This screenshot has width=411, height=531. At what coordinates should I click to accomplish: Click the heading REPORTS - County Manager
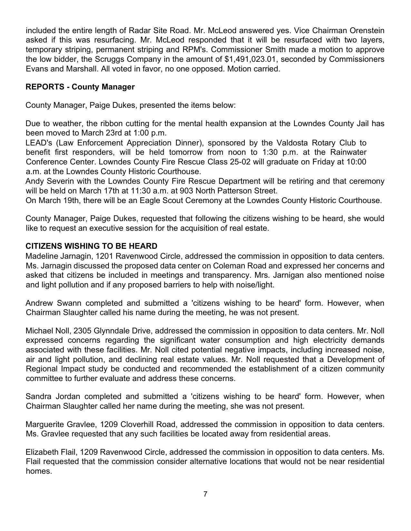(80, 87)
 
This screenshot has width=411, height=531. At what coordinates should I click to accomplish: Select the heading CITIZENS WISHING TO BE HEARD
(91, 246)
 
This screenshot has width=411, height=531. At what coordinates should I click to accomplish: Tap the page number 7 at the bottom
(205, 494)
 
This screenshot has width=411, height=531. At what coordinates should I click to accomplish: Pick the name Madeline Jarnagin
(58, 256)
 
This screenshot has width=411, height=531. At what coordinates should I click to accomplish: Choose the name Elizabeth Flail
(51, 452)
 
